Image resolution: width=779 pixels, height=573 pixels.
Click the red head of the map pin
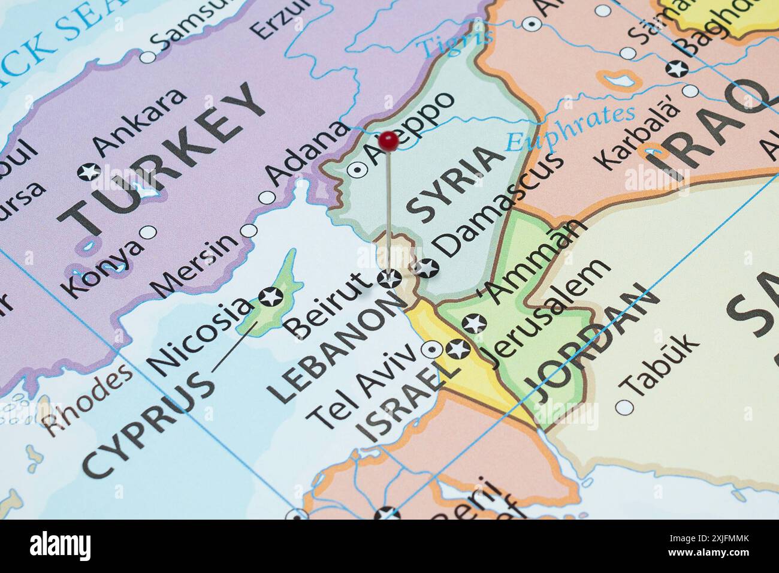[x=390, y=141]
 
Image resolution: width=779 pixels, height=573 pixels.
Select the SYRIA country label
[x=454, y=183]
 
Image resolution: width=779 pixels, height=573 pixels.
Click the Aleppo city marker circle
[x=358, y=170]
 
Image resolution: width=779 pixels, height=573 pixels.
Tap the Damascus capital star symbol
[x=427, y=269]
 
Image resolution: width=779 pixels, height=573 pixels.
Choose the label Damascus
[x=499, y=203]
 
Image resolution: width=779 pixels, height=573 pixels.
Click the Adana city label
[x=307, y=153]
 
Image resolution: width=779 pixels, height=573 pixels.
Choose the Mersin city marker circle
[x=249, y=231]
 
